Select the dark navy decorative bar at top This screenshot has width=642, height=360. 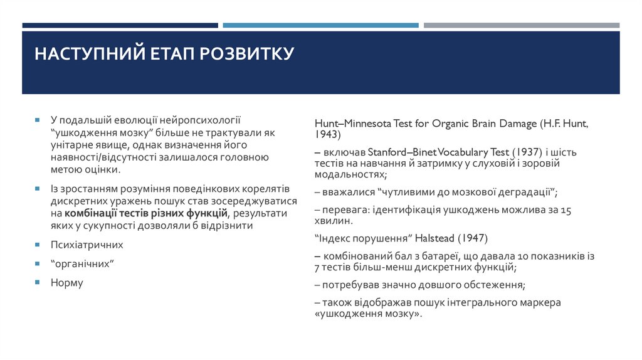click(x=120, y=26)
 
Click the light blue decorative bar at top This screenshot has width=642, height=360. click(x=320, y=26)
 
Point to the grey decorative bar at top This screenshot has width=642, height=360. click(x=521, y=26)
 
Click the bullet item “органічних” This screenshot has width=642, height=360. click(x=81, y=264)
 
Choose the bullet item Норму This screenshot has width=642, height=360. click(x=66, y=283)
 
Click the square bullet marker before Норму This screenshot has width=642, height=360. click(x=38, y=283)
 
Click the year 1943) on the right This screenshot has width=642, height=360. click(x=328, y=135)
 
